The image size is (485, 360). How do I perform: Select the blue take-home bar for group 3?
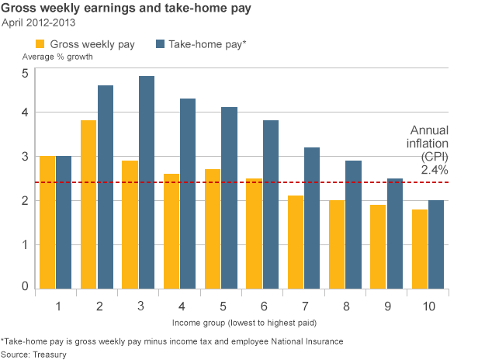tap(146, 183)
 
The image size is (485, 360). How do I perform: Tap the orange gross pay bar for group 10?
tap(420, 249)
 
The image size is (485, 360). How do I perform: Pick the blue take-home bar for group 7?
tap(311, 218)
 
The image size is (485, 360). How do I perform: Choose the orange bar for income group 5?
tap(213, 229)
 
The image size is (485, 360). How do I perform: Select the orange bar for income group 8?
tap(337, 244)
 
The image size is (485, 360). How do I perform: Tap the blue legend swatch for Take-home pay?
tap(162, 44)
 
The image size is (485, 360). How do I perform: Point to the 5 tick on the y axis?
tap(25, 73)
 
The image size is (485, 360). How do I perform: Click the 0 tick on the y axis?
tap(25, 287)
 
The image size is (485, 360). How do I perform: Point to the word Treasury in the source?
tap(50, 354)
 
